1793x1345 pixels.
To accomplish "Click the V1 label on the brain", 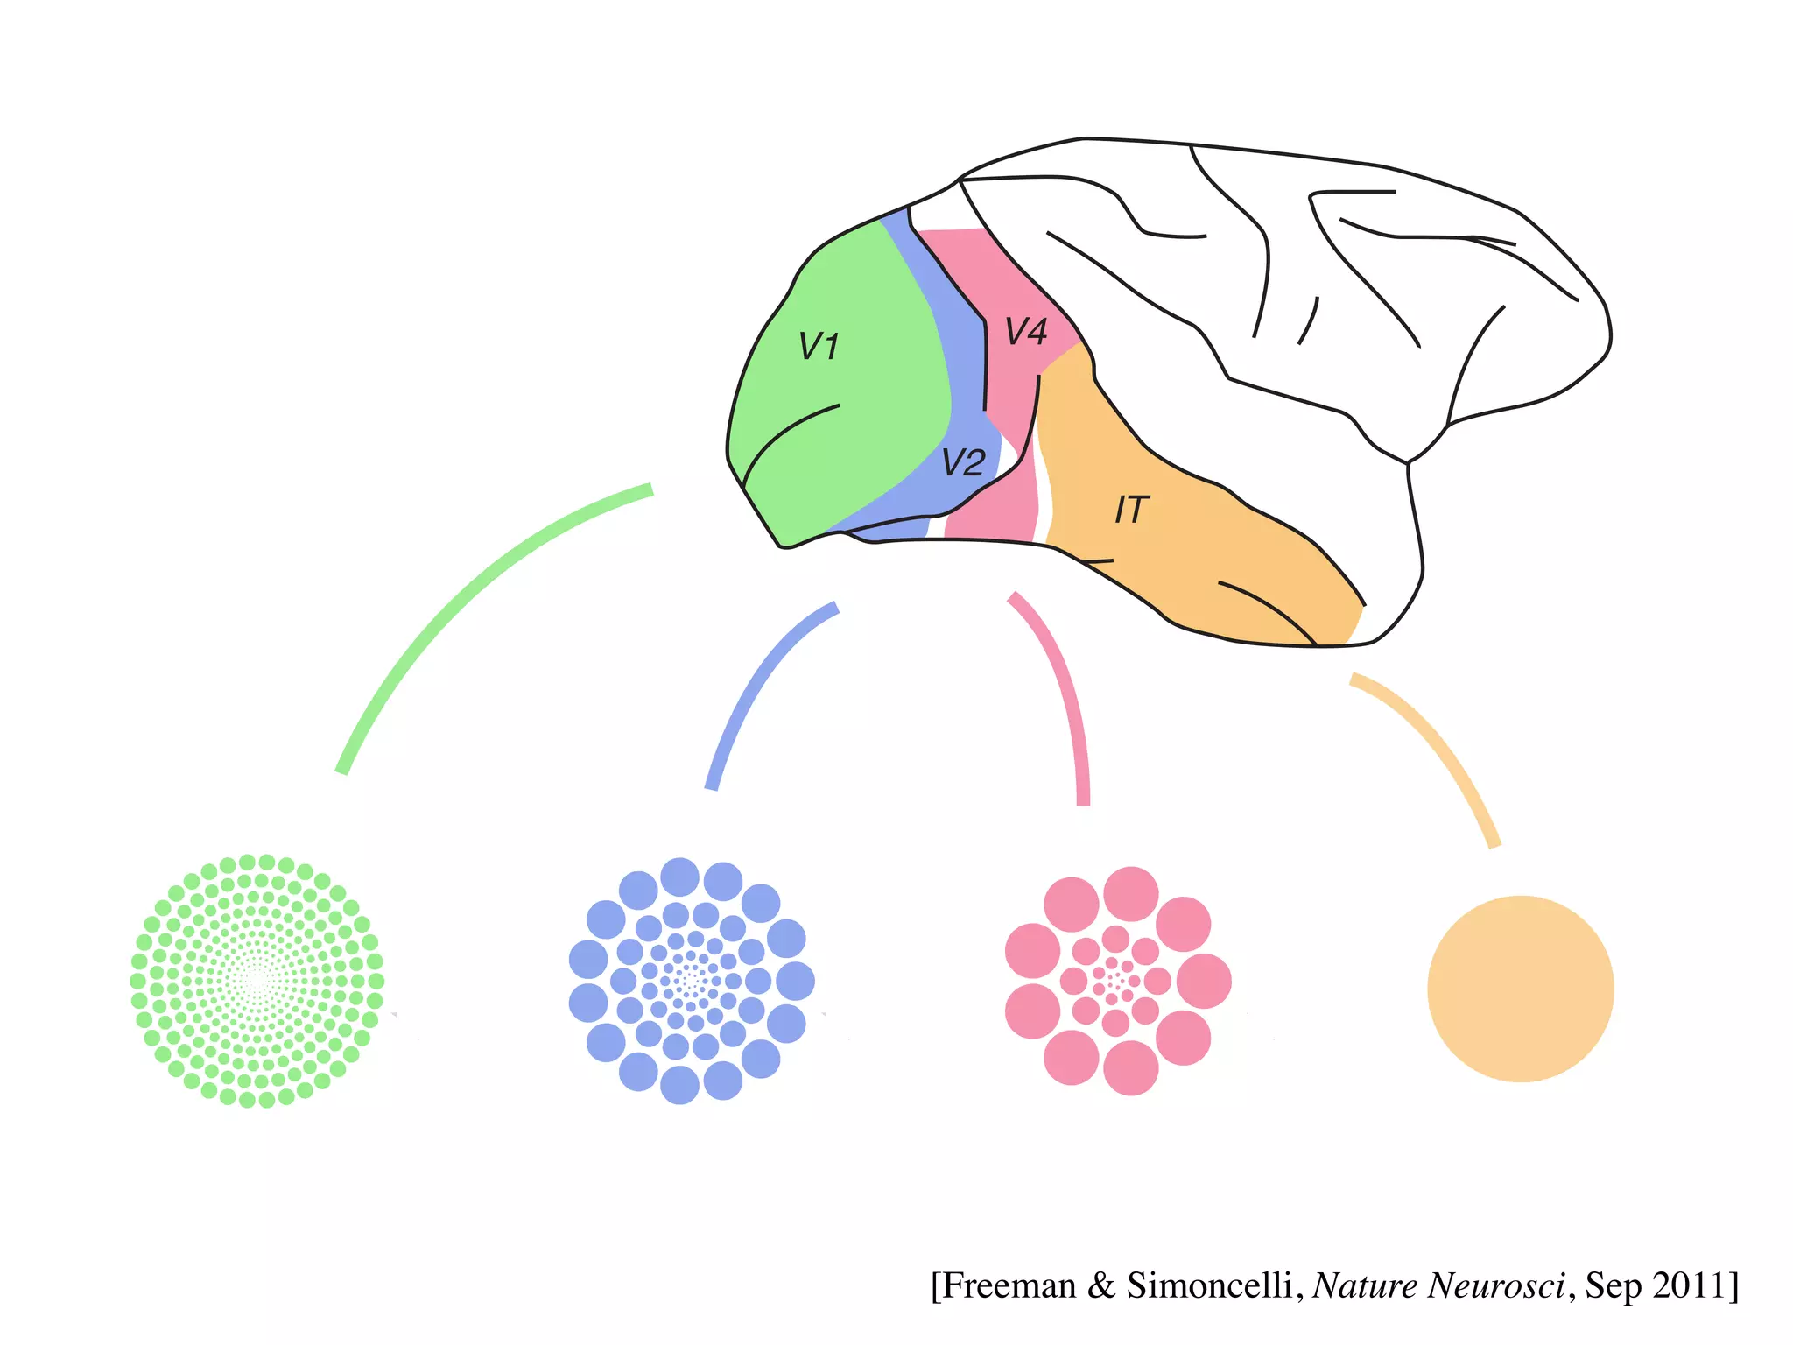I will [819, 347].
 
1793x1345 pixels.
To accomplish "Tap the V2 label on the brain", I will [963, 462].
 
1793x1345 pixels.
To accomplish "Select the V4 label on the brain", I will [1025, 332].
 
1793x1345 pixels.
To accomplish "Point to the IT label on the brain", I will [1130, 510].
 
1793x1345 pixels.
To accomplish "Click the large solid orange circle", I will [1520, 989].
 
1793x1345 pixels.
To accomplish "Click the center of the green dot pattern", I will [257, 982].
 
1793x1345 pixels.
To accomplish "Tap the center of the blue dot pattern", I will [692, 981].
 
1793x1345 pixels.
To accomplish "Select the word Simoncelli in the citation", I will [1208, 1285].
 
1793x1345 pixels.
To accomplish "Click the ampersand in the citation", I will [1100, 1285].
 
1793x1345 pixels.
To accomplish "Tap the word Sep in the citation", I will [1613, 1285].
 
